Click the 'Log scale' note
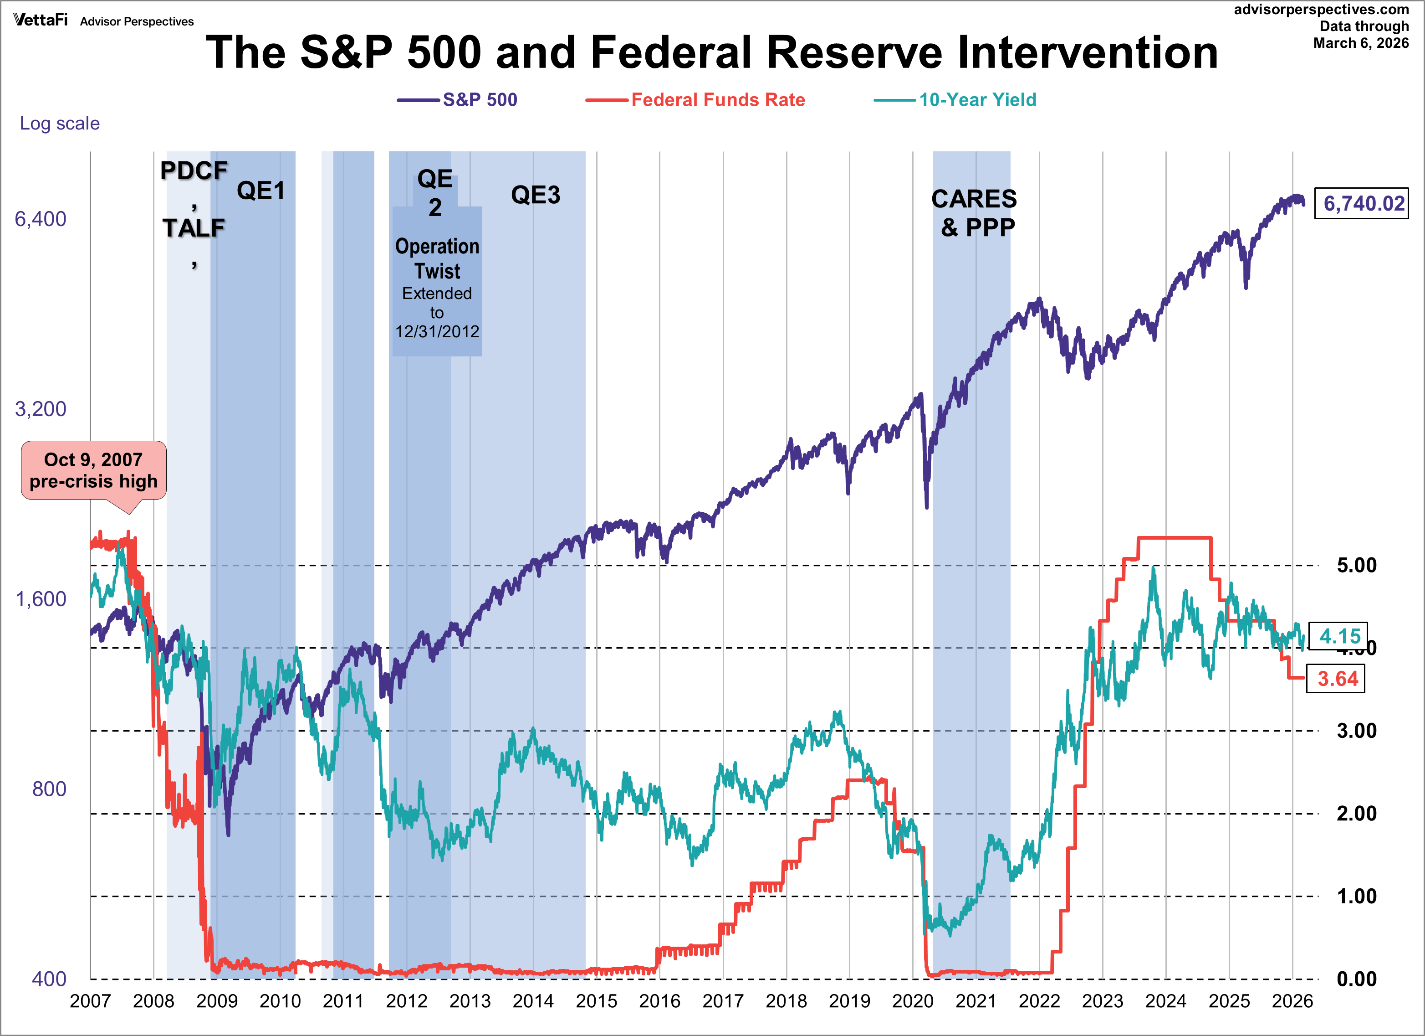click(60, 123)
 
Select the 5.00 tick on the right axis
click(1356, 565)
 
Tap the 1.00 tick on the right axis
click(1356, 897)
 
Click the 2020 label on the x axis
click(912, 1001)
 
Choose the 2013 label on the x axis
click(470, 1001)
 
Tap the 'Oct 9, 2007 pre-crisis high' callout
click(94, 470)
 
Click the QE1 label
click(261, 191)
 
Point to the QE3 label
click(535, 195)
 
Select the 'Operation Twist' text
click(437, 258)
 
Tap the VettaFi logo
click(40, 20)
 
